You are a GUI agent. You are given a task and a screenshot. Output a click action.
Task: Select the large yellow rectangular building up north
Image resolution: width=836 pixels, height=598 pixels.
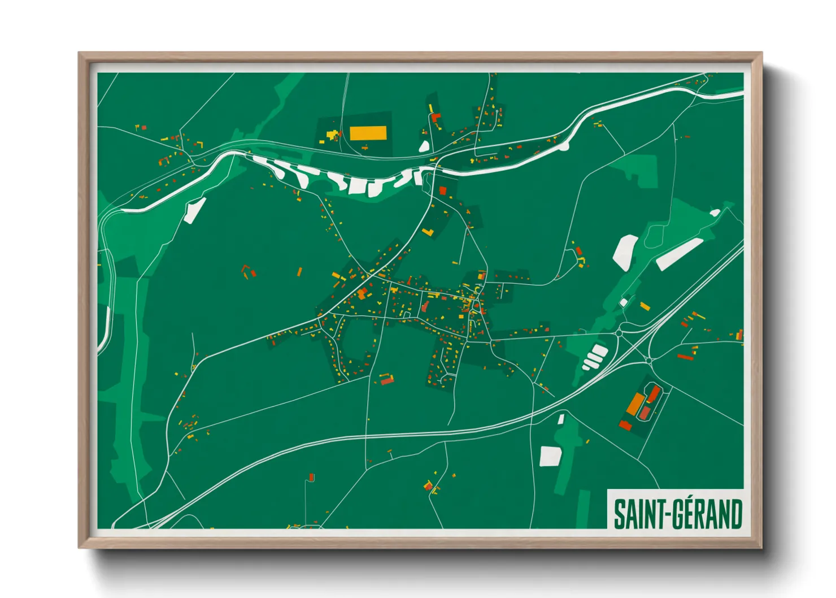(368, 133)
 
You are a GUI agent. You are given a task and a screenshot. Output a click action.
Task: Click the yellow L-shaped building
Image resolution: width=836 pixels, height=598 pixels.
(428, 232)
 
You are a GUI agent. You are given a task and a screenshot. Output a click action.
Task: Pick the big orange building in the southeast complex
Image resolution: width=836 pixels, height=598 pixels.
(635, 404)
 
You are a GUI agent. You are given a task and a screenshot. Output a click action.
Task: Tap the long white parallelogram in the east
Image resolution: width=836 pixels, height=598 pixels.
(679, 254)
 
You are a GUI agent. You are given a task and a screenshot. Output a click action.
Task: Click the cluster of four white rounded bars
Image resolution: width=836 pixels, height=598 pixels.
(594, 357)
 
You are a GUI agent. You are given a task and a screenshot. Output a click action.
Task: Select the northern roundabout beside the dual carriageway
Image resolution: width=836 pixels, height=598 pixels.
(619, 333)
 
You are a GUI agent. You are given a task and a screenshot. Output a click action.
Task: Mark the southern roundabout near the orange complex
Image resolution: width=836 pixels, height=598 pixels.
(649, 359)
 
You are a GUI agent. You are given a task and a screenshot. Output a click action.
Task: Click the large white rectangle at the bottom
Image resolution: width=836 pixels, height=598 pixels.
(549, 456)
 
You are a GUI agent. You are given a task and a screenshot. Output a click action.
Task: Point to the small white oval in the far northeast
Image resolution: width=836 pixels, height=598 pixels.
(715, 213)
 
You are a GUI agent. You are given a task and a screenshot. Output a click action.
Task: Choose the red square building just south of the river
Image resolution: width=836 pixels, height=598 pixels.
(442, 190)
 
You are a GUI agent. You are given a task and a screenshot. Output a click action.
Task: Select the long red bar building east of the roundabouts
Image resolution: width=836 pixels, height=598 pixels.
(685, 357)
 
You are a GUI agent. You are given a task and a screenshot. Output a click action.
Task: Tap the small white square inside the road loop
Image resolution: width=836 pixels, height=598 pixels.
(624, 302)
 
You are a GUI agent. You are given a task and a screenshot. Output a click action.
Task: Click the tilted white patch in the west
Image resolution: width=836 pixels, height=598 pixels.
(194, 210)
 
